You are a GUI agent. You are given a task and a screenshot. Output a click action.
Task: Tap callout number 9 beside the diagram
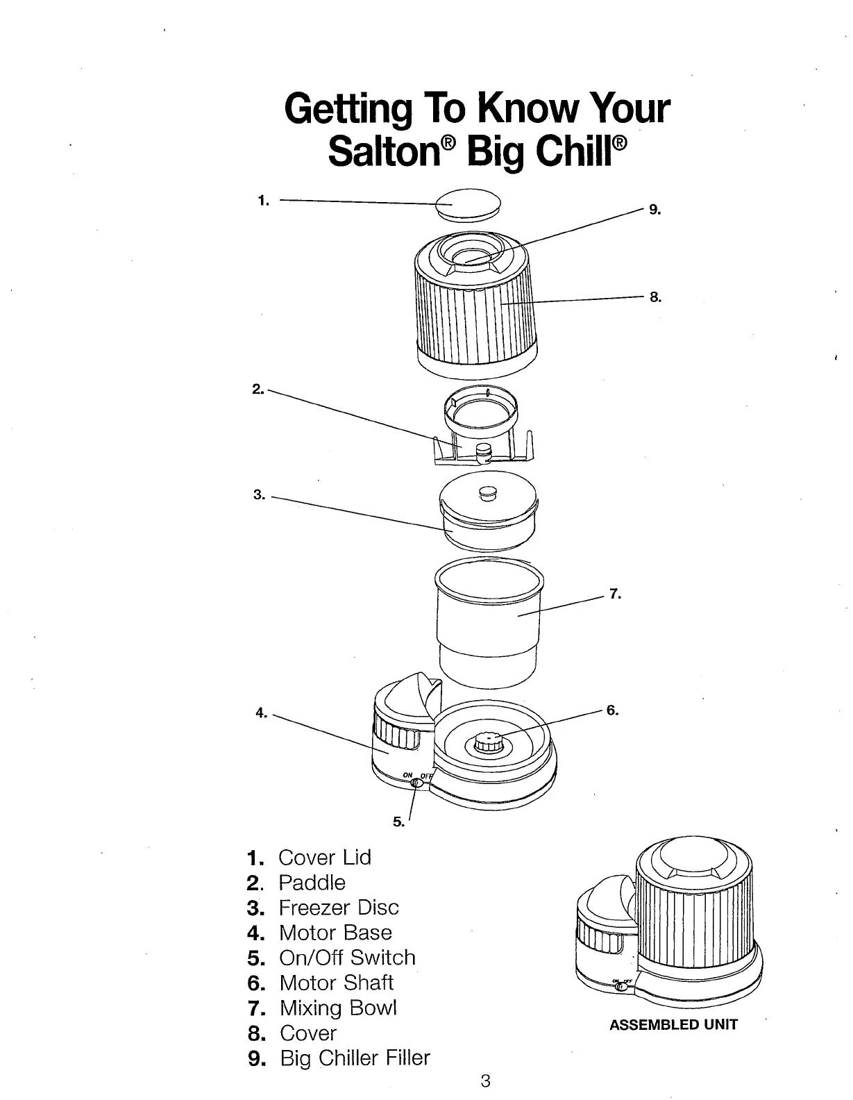click(x=655, y=208)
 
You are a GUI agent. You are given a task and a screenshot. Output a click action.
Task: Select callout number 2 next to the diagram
click(x=257, y=388)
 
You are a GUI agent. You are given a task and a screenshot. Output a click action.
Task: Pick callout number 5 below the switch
click(x=398, y=822)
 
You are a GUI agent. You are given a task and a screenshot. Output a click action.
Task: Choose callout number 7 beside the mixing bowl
click(x=615, y=594)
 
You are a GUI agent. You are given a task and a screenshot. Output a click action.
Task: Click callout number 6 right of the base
click(x=612, y=710)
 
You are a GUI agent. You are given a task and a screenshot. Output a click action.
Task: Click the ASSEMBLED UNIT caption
click(x=673, y=1024)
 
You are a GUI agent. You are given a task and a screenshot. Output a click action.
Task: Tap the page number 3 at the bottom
click(x=486, y=1081)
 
